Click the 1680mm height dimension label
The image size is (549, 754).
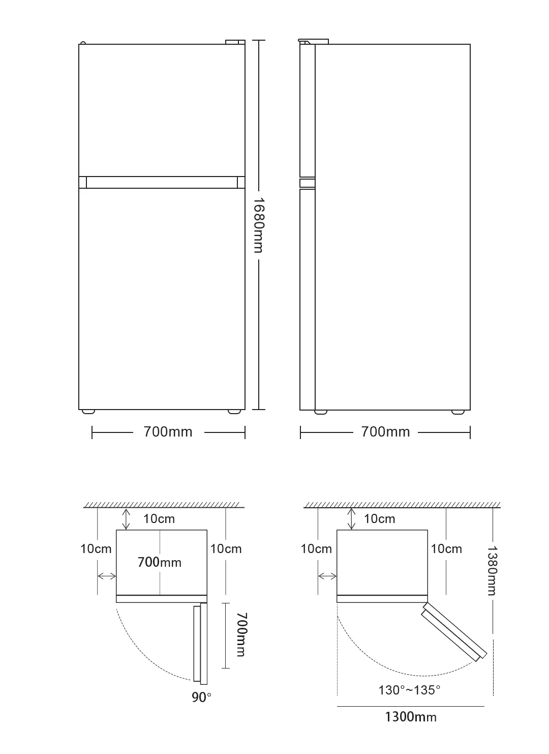[259, 225]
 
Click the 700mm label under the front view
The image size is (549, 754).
[168, 432]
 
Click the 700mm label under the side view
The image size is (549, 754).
[385, 432]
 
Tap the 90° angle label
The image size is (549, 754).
[201, 698]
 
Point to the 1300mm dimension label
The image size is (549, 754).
[411, 717]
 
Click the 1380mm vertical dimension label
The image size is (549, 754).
[493, 570]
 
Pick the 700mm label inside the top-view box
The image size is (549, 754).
[160, 562]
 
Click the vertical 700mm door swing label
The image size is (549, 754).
[241, 634]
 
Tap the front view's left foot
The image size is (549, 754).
[88, 411]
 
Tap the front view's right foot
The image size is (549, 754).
[234, 411]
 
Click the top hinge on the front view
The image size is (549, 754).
[235, 42]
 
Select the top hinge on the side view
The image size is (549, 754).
[313, 41]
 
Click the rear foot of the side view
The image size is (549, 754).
[458, 412]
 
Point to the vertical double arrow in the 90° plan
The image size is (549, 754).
[126, 519]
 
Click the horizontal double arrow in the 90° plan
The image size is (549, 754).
[107, 576]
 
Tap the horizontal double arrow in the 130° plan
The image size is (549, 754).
[327, 576]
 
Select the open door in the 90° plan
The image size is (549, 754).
[200, 644]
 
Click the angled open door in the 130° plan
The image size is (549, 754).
[454, 632]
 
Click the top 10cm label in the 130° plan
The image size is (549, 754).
[379, 519]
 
